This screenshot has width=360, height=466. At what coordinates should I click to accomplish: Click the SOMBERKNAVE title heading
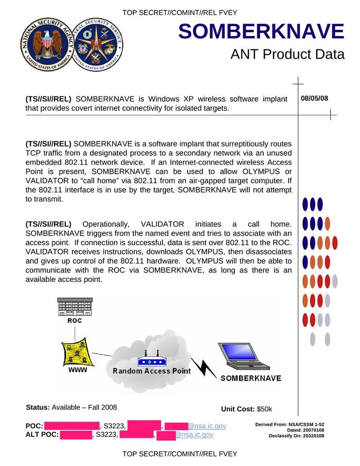click(x=261, y=32)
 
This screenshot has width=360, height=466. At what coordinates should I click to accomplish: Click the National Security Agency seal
click(x=45, y=44)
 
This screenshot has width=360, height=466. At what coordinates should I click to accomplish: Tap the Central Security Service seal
click(x=98, y=44)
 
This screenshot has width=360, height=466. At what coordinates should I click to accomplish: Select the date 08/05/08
click(x=314, y=98)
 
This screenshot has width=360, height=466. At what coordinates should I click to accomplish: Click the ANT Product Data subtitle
click(x=287, y=55)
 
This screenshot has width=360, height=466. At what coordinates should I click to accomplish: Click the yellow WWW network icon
click(x=74, y=351)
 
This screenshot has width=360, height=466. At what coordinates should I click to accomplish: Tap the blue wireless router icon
click(x=151, y=359)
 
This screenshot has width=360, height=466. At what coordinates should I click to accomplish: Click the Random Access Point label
click(x=152, y=371)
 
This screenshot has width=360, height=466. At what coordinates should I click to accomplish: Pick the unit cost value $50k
click(x=264, y=409)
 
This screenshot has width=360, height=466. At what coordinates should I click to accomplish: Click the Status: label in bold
click(x=38, y=407)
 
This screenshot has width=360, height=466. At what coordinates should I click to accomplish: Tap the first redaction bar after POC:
click(x=71, y=426)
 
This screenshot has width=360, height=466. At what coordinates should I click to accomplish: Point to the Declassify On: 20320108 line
click(x=296, y=436)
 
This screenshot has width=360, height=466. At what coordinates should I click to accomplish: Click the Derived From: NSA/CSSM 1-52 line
click(x=290, y=424)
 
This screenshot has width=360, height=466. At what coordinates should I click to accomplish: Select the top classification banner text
click(x=180, y=12)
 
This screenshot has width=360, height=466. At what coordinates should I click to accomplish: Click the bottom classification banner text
click(x=180, y=454)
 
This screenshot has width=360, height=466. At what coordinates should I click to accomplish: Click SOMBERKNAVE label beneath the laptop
click(x=250, y=379)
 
